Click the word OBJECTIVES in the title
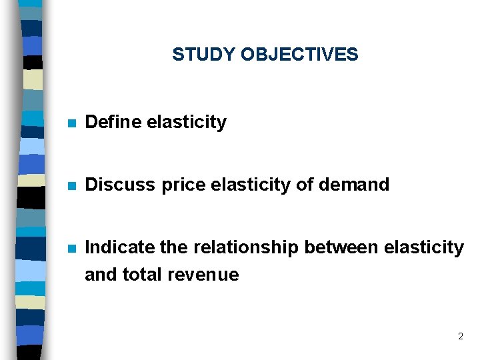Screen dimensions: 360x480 (299, 55)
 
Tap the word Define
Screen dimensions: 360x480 (113, 123)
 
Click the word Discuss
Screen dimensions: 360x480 (119, 185)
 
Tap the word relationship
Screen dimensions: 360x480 (246, 249)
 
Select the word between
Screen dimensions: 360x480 (341, 248)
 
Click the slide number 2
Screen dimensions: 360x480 (460, 337)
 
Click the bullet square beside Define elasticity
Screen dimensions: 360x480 (73, 123)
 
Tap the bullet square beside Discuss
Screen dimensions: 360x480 (73, 185)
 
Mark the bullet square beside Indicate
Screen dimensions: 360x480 (73, 249)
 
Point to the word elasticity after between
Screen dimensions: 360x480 (424, 249)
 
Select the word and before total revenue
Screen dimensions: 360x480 (100, 275)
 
